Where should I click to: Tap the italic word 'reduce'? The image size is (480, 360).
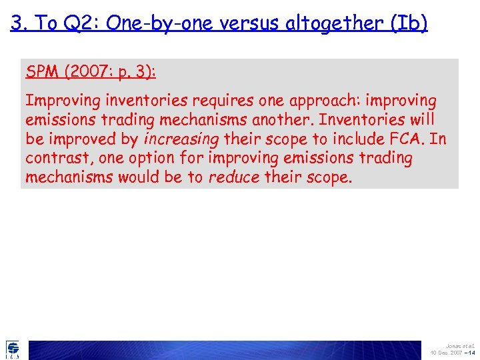coord(234,178)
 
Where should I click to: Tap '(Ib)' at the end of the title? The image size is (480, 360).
coord(408,24)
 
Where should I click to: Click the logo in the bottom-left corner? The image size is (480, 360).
coord(13,349)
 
